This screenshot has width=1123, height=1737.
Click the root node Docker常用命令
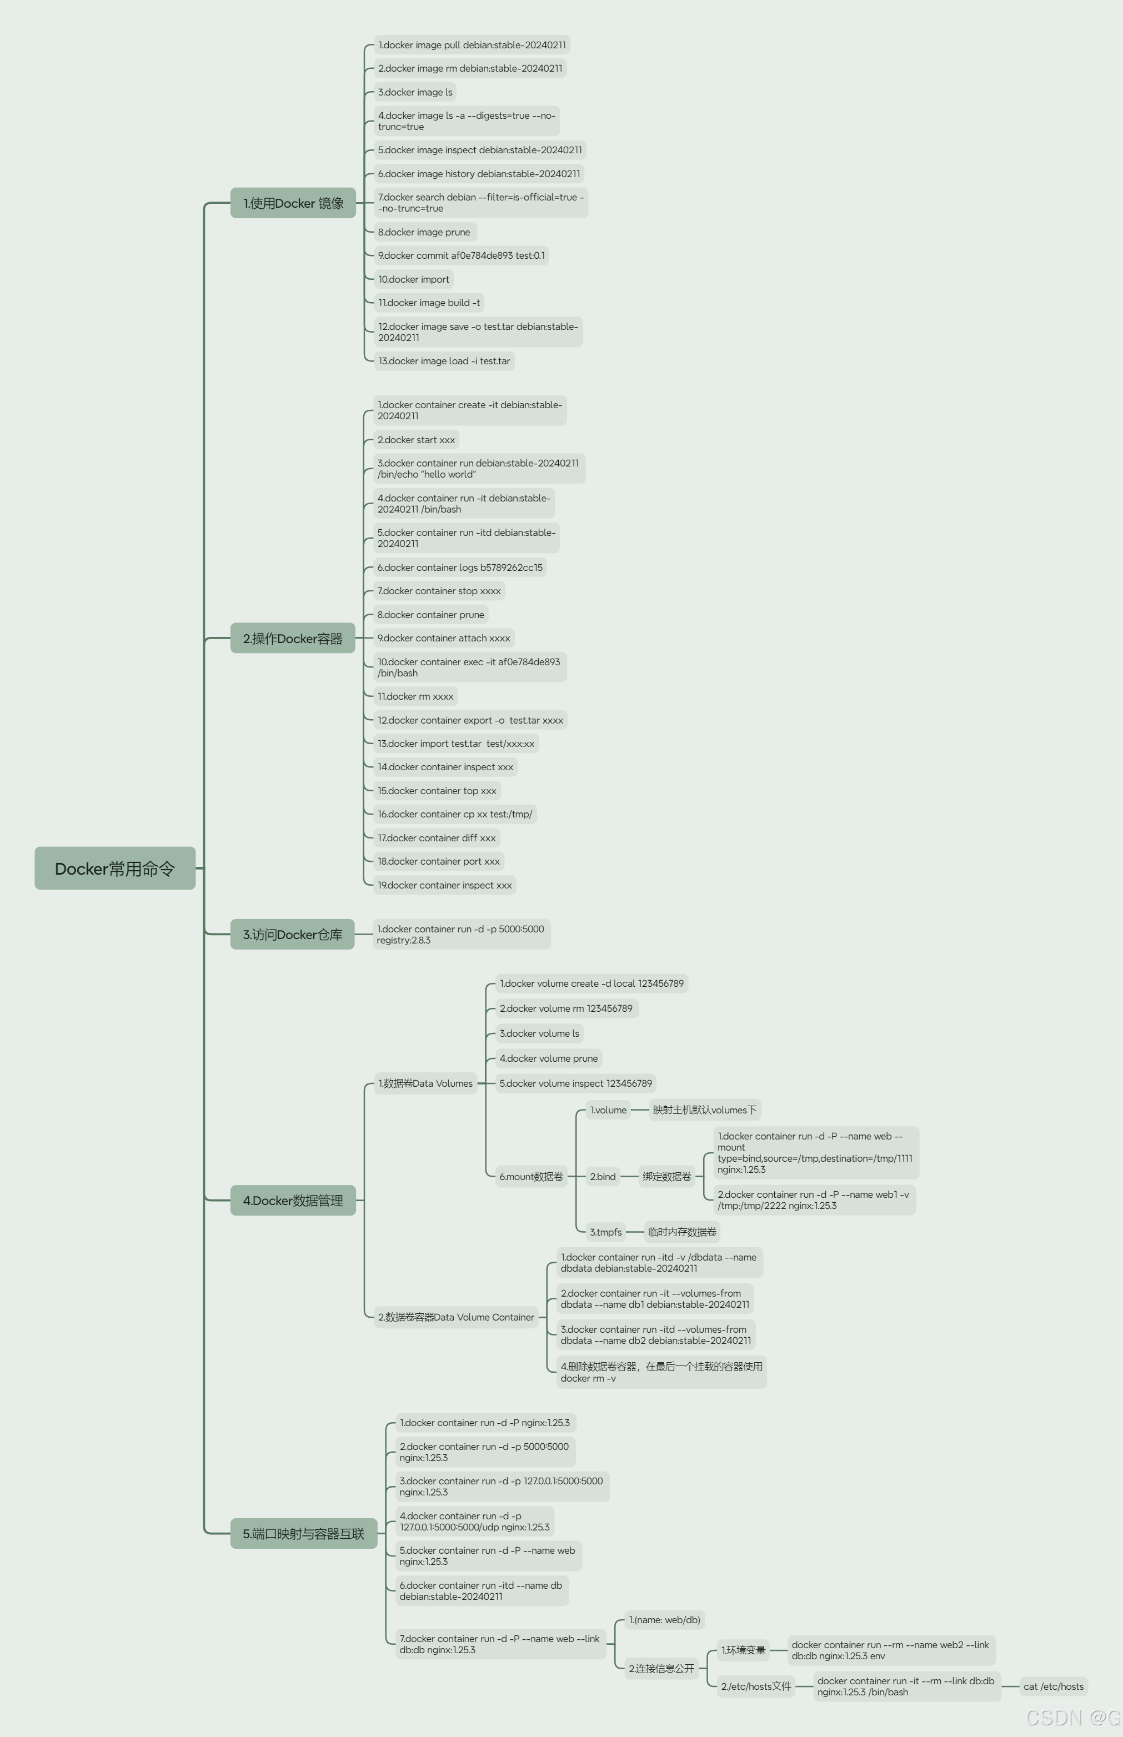click(x=114, y=868)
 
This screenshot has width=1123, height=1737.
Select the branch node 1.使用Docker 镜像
click(x=293, y=203)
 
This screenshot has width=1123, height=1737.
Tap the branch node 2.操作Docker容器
click(x=293, y=638)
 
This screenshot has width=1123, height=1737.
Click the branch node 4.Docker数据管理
click(x=293, y=1200)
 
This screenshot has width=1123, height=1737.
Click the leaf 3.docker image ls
click(x=415, y=92)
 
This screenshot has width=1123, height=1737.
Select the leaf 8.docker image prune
click(x=424, y=232)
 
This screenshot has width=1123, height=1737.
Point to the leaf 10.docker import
click(x=413, y=279)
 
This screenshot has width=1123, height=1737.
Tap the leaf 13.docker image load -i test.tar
click(x=444, y=361)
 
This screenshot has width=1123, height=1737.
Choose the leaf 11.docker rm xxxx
click(x=415, y=696)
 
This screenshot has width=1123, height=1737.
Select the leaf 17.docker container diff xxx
click(x=437, y=837)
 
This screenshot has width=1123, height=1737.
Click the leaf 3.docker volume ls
click(x=540, y=1033)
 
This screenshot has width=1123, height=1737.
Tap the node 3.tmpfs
click(x=606, y=1232)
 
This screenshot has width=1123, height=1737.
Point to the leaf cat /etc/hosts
click(x=1053, y=1686)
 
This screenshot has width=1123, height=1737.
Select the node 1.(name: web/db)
click(x=664, y=1620)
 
